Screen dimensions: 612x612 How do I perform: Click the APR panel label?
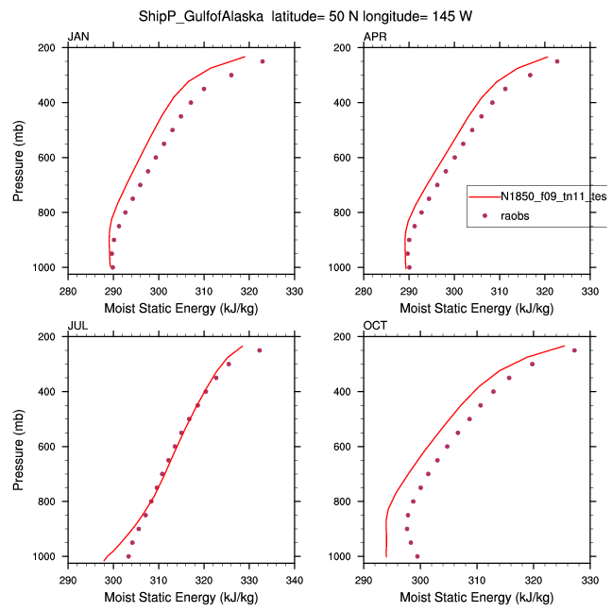coord(374,37)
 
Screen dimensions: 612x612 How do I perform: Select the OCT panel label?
coord(375,326)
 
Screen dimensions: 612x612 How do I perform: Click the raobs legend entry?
coord(516,216)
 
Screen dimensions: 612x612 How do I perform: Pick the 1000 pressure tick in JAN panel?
coord(49,267)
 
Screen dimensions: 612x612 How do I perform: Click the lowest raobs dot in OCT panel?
coord(417,556)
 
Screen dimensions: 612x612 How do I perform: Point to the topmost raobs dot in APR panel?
coord(557,61)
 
